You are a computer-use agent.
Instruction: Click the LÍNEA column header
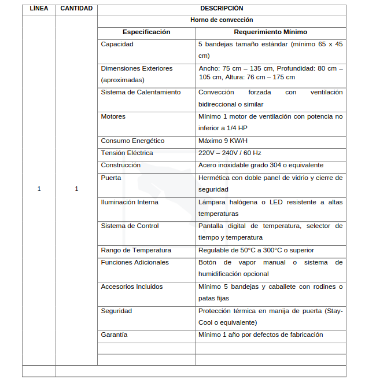click(39, 9)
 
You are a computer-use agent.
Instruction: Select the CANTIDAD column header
click(76, 9)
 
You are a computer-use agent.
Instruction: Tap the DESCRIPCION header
click(222, 9)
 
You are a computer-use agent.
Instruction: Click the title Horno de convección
click(222, 20)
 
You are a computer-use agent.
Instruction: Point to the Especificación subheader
click(146, 32)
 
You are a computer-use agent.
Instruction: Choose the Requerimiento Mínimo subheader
click(270, 32)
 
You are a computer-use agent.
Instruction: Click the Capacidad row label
click(117, 44)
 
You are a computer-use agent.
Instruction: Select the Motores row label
click(113, 117)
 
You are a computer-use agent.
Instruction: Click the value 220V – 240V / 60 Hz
click(230, 153)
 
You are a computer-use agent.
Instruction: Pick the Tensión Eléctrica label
click(127, 153)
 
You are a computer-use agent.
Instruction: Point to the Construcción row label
click(120, 166)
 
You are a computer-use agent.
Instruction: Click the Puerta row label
click(110, 178)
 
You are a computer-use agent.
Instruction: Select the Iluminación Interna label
click(130, 202)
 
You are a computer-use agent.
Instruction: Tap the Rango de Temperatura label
click(136, 251)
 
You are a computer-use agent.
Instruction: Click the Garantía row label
click(114, 335)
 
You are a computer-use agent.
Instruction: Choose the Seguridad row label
click(116, 311)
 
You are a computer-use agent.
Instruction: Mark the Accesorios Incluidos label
click(132, 286)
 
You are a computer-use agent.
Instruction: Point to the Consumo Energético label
click(132, 141)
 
